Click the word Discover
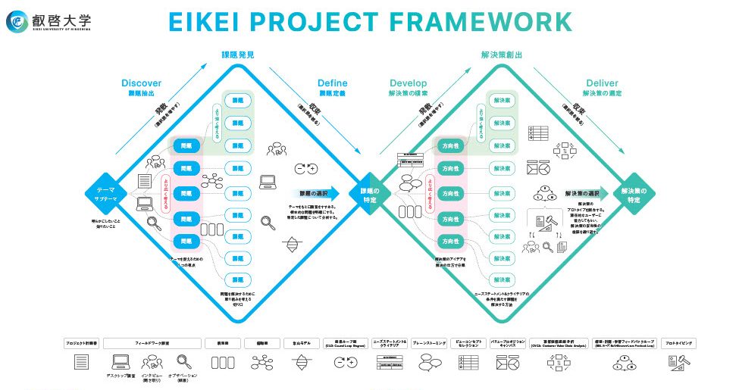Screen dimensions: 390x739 (x=142, y=83)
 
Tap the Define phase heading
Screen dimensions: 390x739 (x=332, y=83)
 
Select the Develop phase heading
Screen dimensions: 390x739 (x=408, y=83)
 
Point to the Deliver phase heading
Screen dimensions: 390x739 (x=602, y=83)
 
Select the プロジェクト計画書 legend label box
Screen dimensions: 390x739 (x=80, y=343)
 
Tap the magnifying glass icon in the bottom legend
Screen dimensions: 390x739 (x=182, y=361)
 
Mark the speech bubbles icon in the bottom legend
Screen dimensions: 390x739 (x=431, y=363)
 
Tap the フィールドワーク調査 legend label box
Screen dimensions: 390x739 (x=152, y=343)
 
